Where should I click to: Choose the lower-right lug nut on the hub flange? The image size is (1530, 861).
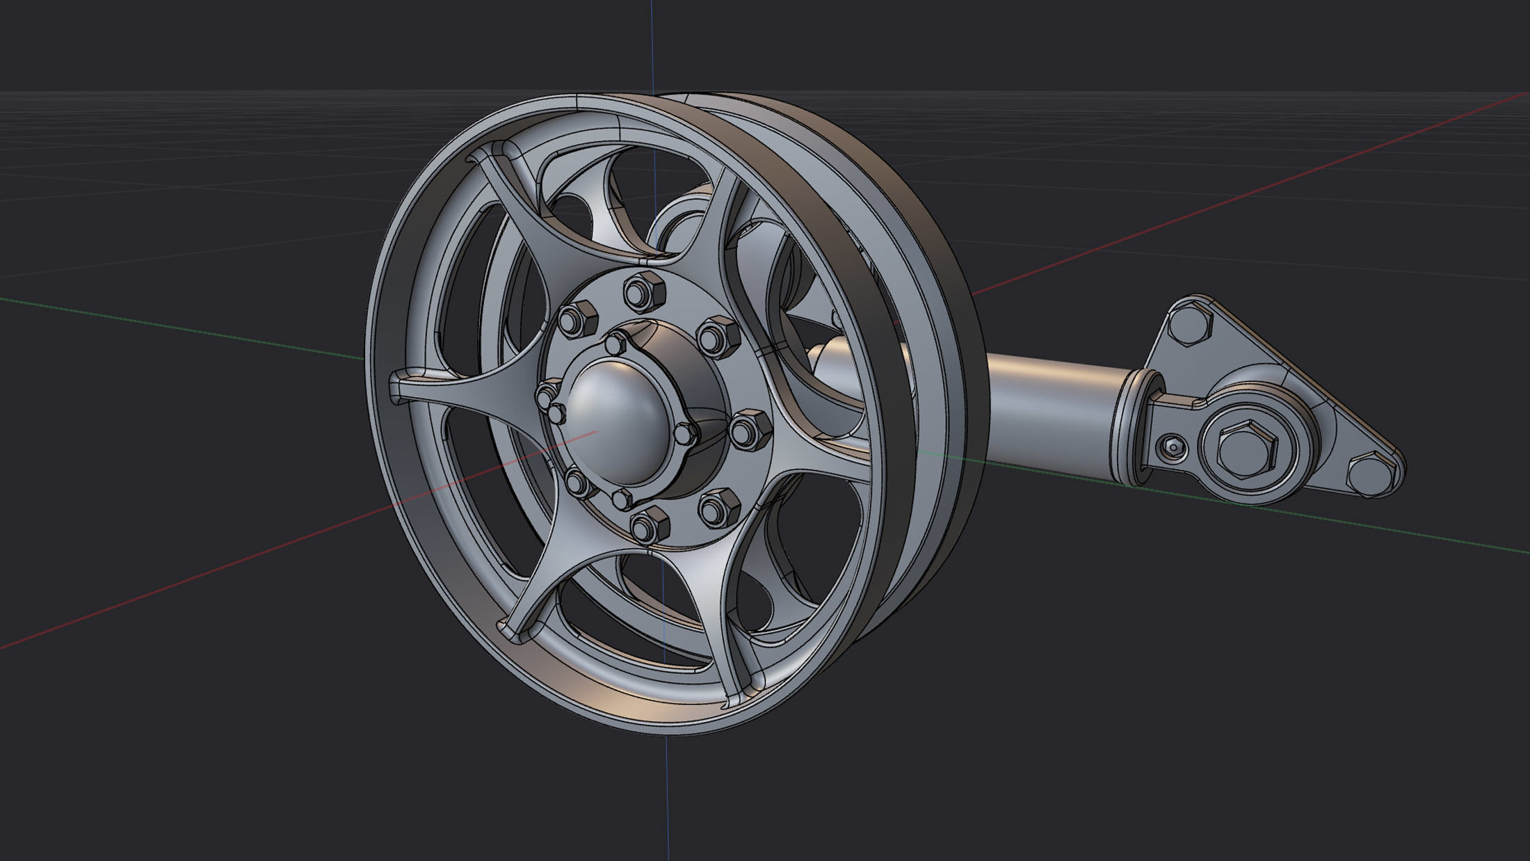click(718, 508)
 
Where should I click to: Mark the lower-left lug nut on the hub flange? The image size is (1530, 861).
click(577, 481)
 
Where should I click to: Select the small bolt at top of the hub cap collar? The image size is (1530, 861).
click(616, 343)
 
